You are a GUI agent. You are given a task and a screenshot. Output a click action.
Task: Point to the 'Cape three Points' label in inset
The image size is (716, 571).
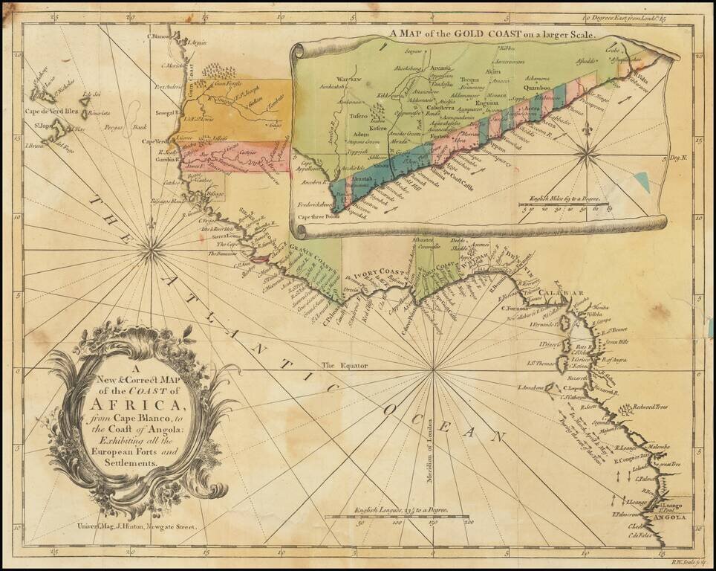pos(319,217)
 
